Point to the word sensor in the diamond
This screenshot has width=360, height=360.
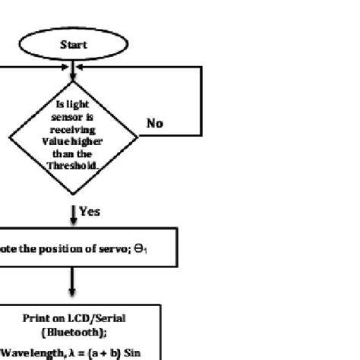tap(71, 119)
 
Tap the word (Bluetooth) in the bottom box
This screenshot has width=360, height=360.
tap(74, 332)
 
